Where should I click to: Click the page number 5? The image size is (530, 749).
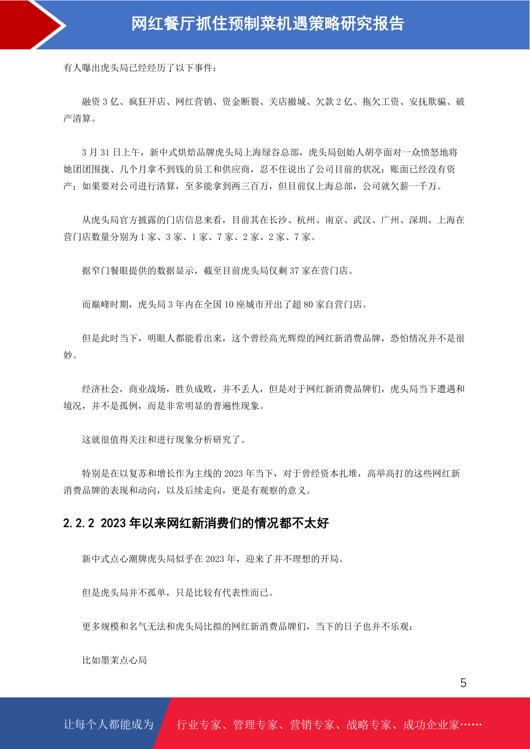point(463,683)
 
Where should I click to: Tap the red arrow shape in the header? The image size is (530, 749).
point(31,24)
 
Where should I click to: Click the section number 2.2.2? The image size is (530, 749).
point(79,523)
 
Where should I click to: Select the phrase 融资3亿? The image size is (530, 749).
point(100,102)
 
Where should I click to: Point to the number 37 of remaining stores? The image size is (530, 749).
point(294,271)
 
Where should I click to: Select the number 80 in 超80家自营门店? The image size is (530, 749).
point(308,305)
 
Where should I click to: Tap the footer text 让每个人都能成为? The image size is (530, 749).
point(109,725)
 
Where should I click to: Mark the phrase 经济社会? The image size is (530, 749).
point(101,389)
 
